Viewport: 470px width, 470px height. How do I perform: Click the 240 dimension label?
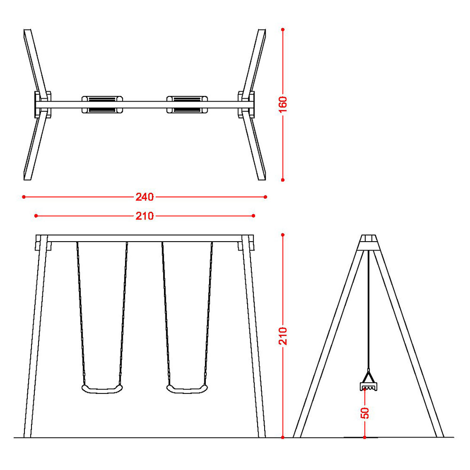coord(144,197)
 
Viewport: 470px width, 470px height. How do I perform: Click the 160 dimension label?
coord(282,105)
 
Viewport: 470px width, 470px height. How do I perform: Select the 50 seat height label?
coord(365,413)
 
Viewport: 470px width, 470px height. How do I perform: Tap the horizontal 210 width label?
coord(144,216)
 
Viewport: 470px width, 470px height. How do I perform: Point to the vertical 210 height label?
coord(282,336)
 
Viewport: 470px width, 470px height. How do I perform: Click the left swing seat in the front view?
coord(102,389)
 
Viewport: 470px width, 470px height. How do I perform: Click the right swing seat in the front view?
coord(187,389)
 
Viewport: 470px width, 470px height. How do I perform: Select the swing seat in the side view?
coord(368,386)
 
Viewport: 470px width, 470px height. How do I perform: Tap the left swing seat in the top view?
coord(102,105)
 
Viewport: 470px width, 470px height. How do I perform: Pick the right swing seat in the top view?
coord(187,105)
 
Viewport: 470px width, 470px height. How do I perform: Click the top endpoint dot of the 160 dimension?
coord(282,29)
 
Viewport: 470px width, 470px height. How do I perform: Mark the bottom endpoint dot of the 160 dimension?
coord(282,180)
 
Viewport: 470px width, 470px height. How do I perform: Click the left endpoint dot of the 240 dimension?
coord(23,197)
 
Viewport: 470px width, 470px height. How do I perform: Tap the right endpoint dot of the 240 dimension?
coord(265,197)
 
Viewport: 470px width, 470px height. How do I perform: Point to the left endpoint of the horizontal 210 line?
coord(36,216)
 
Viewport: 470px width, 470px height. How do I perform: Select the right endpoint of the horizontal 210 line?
coord(254,216)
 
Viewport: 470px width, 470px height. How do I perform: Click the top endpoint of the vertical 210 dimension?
coord(282,235)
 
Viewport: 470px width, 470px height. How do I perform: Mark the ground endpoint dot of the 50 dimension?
coord(365,438)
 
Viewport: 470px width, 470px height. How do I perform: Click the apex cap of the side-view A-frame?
coord(368,242)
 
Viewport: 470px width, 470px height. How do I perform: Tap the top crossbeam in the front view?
coord(145,238)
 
